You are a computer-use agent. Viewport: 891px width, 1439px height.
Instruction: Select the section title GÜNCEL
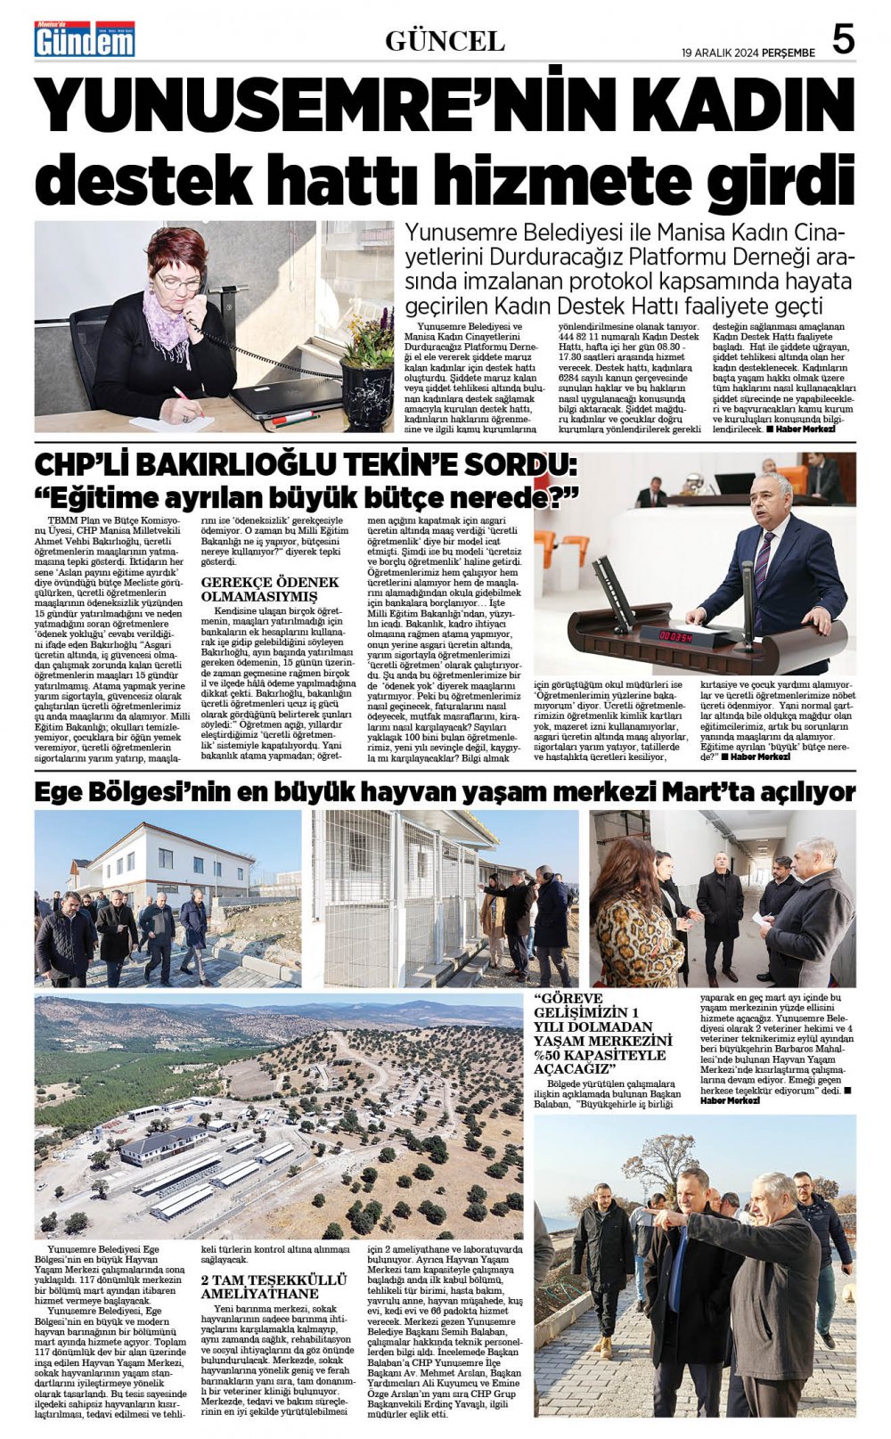coord(445,41)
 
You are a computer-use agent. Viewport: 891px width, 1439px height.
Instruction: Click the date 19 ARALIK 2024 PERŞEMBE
coord(748,53)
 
